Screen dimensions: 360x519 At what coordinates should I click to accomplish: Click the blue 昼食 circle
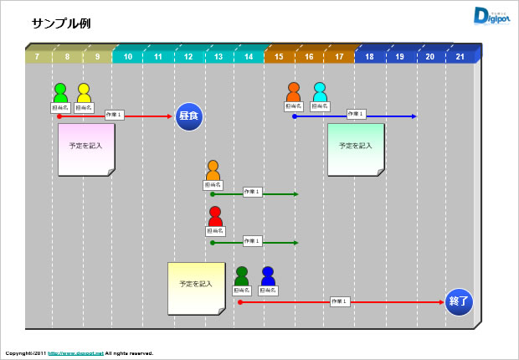coord(190,116)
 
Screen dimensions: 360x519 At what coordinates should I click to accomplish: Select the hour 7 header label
coord(37,57)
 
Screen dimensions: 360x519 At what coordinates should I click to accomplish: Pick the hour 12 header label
coord(188,57)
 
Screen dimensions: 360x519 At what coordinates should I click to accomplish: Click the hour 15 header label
coord(279,57)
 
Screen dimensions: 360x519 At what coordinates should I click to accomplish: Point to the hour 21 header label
coord(460,57)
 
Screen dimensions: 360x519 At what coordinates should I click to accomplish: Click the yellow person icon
coord(84,92)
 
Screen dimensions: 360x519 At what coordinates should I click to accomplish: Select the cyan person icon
coord(319,91)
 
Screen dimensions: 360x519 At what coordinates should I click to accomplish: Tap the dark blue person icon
coord(268,275)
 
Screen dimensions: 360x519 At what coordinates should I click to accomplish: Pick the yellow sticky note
coord(195,287)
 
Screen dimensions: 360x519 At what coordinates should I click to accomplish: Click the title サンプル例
coord(61,23)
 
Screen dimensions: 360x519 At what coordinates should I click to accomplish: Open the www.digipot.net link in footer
coord(75,353)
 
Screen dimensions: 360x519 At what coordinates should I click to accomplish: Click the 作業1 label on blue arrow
coord(356,114)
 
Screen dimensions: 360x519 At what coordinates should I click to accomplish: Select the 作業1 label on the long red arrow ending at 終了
coord(339,301)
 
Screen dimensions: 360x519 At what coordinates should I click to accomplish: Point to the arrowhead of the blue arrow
coord(413,116)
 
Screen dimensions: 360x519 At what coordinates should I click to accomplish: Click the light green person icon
coord(60,92)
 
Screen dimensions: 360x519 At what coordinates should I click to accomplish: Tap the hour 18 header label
coord(369,57)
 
